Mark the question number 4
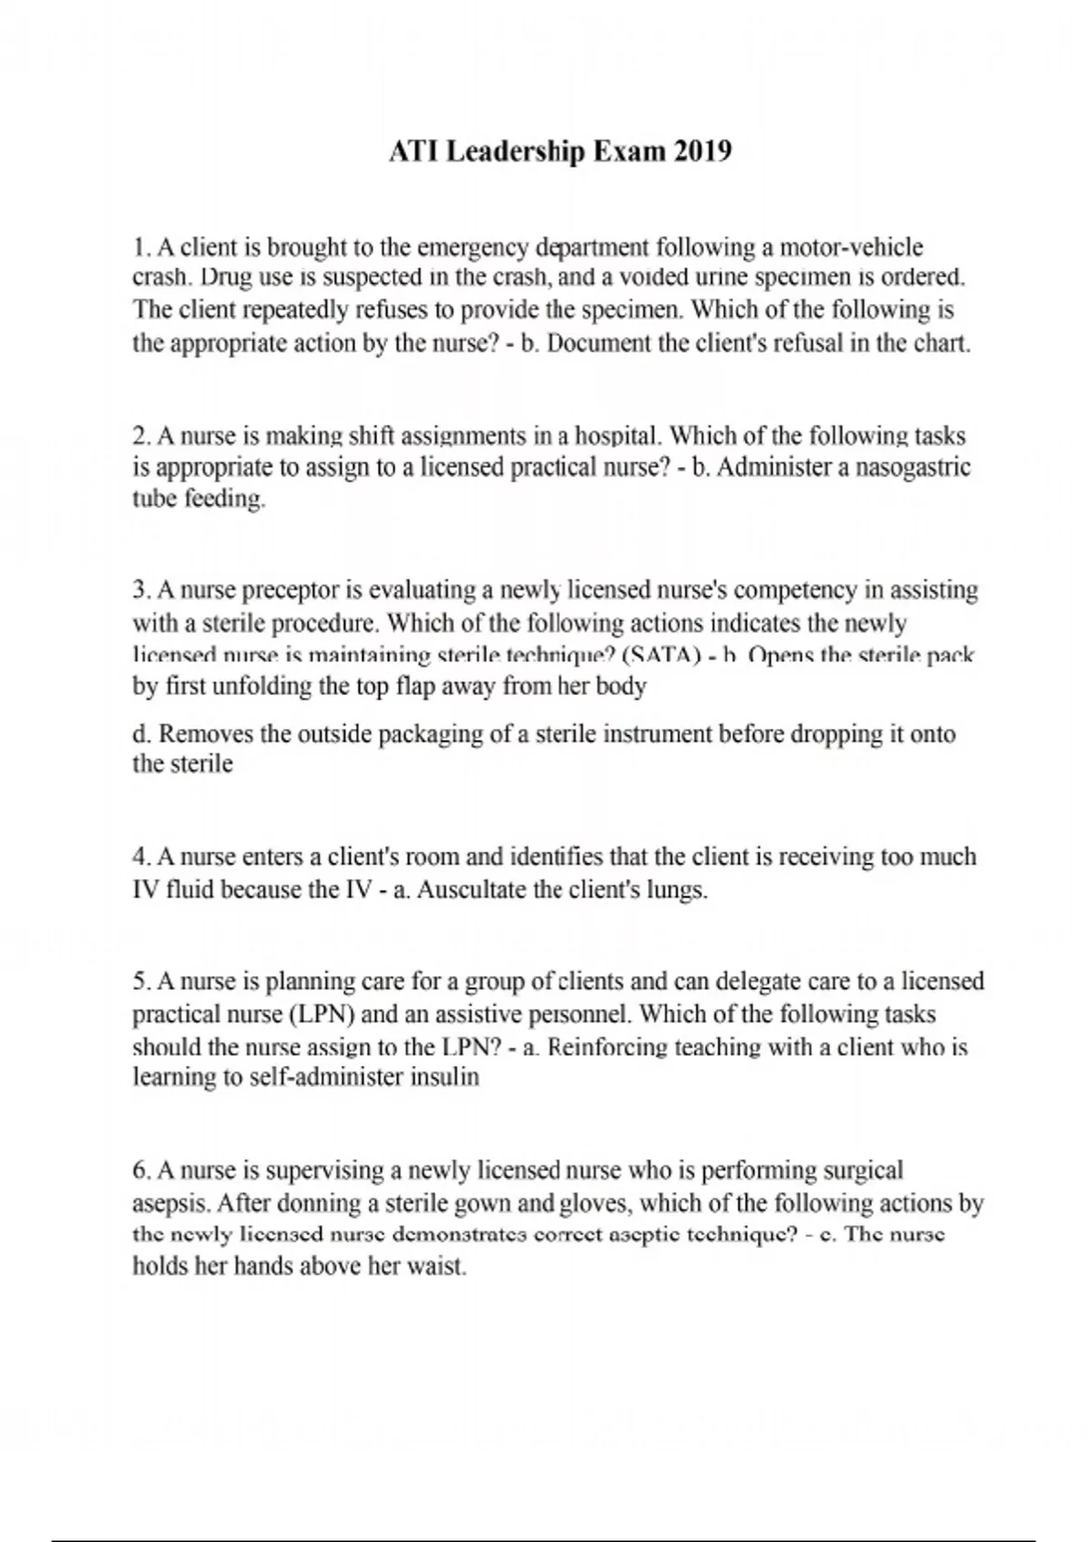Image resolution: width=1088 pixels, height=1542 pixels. click(141, 857)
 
